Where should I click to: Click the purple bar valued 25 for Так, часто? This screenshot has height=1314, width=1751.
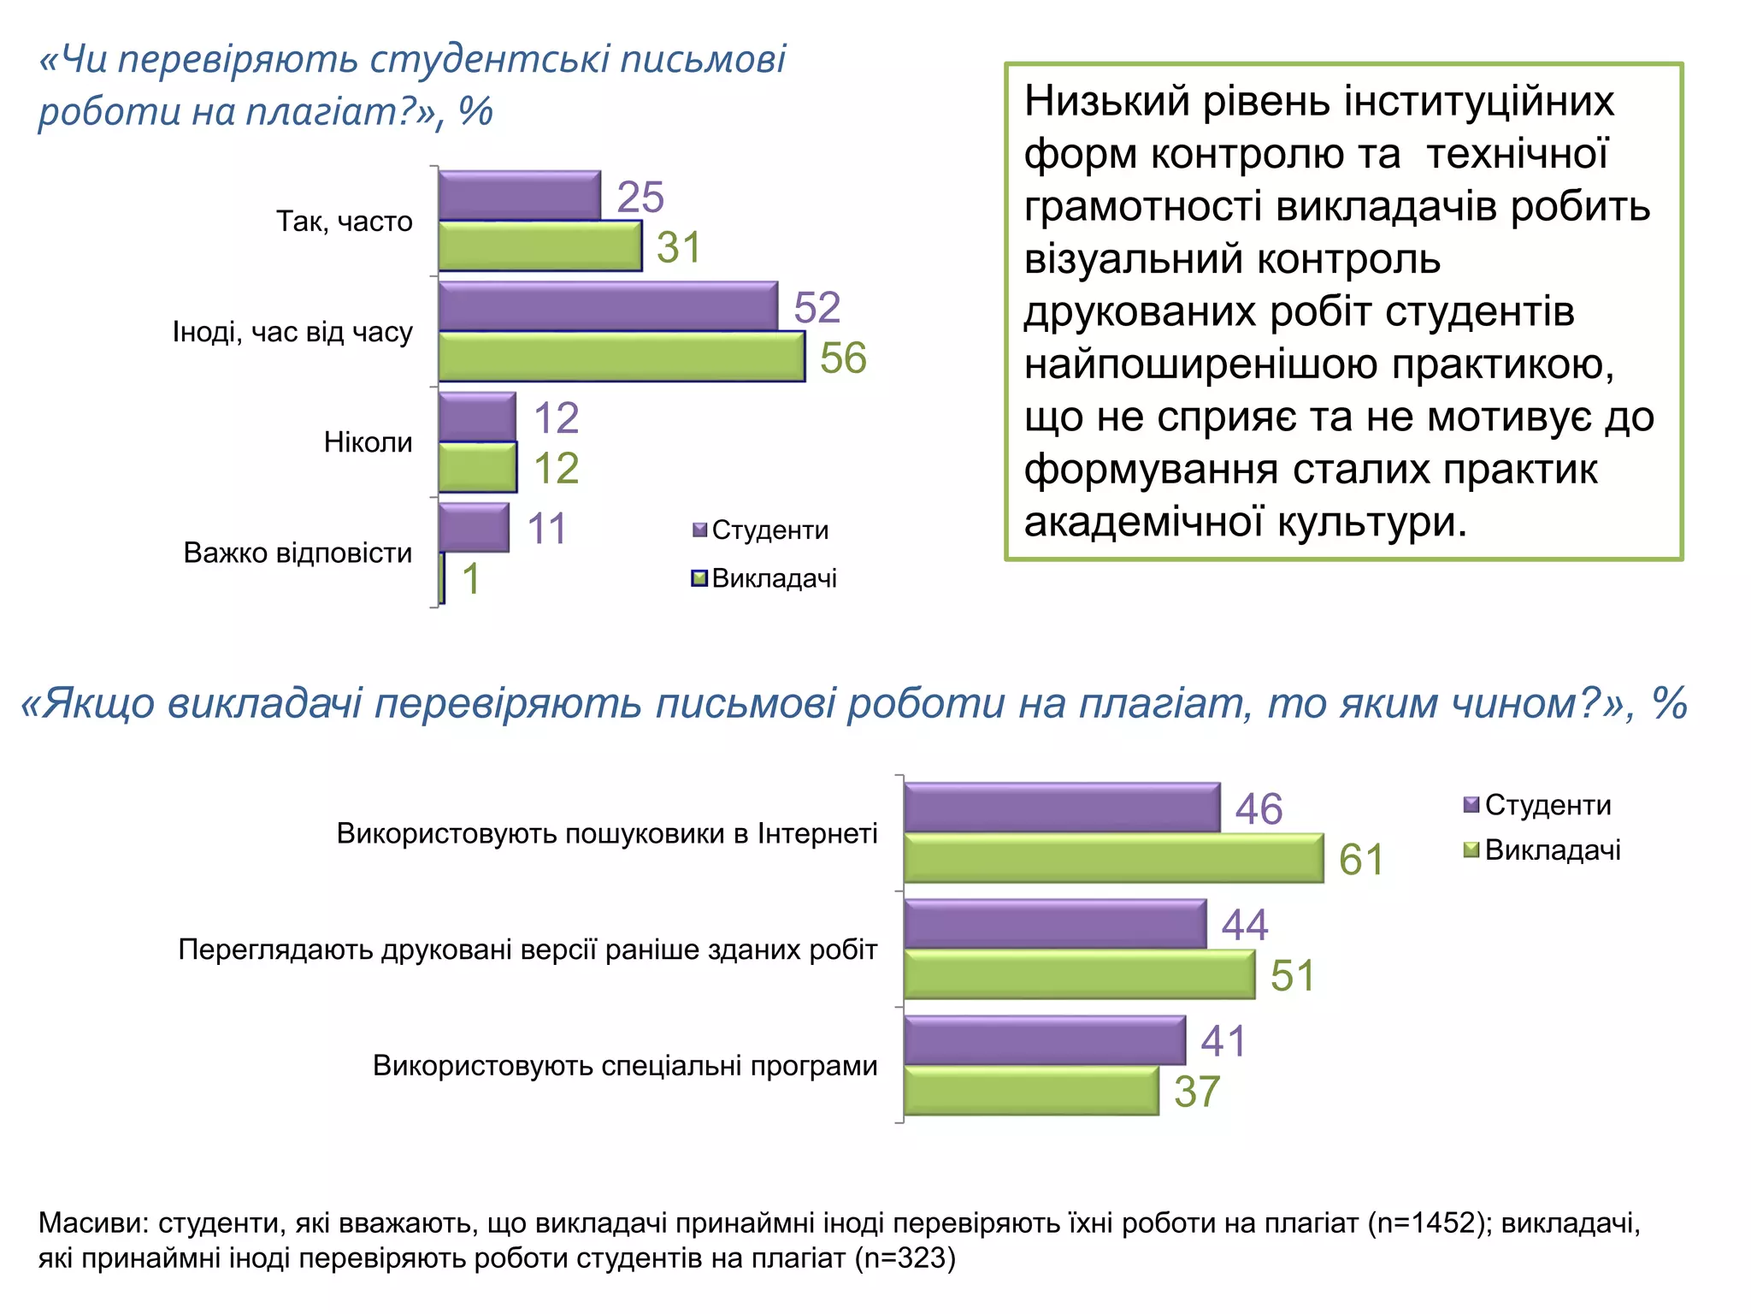click(x=519, y=196)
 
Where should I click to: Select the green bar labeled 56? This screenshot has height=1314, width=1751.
click(x=621, y=357)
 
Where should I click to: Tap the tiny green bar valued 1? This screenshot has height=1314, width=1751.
click(x=441, y=578)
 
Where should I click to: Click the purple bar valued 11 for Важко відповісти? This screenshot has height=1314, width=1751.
click(x=473, y=528)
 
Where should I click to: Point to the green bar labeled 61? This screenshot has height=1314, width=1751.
click(x=1113, y=858)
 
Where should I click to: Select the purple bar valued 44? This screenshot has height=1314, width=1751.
click(x=1054, y=924)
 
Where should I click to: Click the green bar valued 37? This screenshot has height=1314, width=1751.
click(x=1030, y=1091)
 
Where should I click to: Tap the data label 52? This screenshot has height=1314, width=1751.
click(x=817, y=307)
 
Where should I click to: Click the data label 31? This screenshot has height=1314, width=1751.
click(x=679, y=247)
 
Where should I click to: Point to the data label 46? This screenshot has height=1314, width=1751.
click(x=1259, y=808)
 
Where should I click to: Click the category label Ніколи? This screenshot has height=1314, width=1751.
click(x=368, y=442)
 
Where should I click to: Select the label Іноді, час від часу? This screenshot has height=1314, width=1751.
click(x=292, y=332)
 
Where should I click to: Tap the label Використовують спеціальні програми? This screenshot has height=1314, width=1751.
click(x=625, y=1066)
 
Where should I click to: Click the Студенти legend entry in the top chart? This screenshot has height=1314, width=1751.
click(x=760, y=530)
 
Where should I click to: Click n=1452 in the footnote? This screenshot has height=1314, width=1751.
click(x=1424, y=1223)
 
